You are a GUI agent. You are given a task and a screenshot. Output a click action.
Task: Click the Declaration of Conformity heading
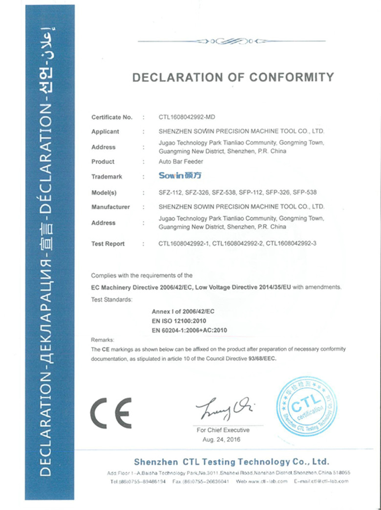point(233,77)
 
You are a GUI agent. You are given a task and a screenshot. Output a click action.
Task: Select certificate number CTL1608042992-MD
point(187,117)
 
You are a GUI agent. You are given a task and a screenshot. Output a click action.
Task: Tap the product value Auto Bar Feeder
point(175,161)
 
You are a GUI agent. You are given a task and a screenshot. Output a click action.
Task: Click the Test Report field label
point(108,244)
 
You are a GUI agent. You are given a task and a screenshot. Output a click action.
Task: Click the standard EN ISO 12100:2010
point(179,321)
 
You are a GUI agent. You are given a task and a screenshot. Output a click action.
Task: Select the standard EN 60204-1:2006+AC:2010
point(190,330)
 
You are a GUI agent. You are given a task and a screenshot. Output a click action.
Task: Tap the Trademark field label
point(106,177)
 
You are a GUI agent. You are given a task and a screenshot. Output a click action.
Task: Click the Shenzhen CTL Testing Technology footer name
point(232,462)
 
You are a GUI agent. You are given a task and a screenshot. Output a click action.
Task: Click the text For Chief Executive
point(223,430)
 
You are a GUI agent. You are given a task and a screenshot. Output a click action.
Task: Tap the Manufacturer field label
point(110,207)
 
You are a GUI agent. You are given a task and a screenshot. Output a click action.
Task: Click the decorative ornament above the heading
point(231,41)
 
